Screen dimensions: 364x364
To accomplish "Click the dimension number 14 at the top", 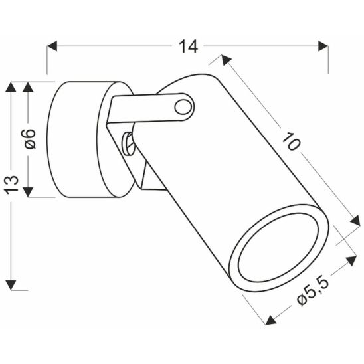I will (189, 46).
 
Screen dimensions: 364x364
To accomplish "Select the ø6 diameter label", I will (28, 139).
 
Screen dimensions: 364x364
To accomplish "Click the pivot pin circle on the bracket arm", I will (183, 106).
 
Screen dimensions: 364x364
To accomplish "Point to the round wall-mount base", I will (76, 139).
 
